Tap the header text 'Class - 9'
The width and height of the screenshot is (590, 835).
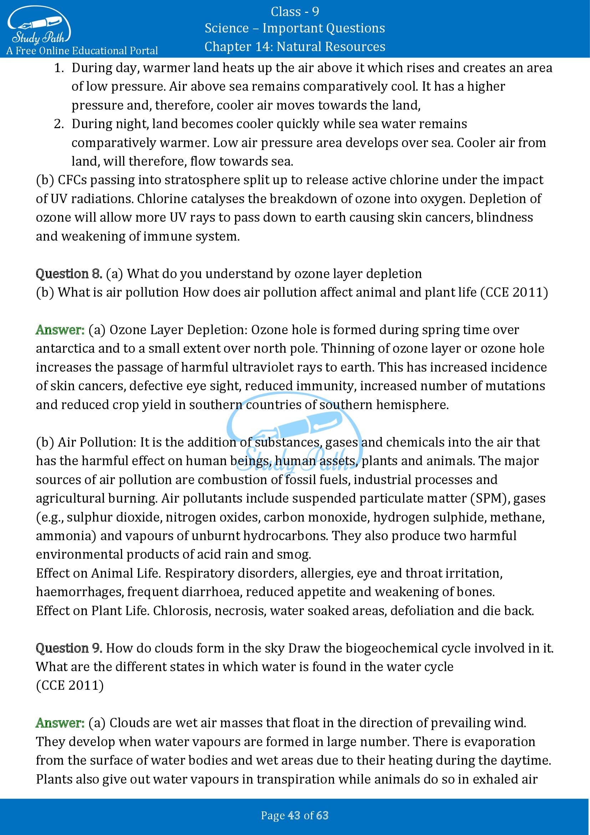[x=295, y=12]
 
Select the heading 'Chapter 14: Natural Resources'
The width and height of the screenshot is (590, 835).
[x=295, y=47]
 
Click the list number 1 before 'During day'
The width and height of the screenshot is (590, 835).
[x=59, y=68]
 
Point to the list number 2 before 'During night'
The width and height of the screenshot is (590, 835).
[x=59, y=124]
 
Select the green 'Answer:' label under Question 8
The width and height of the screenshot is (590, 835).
[x=60, y=330]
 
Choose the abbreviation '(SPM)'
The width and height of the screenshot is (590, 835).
[x=489, y=498]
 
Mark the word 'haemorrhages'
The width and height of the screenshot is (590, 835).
[x=80, y=592]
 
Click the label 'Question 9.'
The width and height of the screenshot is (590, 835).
[x=69, y=648]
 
